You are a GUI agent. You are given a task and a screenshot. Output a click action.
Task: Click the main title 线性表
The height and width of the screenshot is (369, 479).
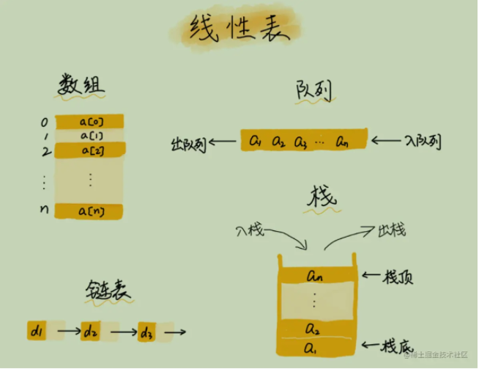point(239,30)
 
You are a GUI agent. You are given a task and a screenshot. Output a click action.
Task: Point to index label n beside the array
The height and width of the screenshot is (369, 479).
point(44,211)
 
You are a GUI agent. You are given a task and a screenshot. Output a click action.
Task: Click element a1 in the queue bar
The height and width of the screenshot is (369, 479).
point(256,139)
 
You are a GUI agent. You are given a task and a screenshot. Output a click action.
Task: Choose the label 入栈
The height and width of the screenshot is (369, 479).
point(250,229)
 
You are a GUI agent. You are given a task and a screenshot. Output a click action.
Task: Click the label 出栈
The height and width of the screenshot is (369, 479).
point(392,230)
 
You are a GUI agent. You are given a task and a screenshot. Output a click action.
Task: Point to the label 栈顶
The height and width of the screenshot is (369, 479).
point(402,277)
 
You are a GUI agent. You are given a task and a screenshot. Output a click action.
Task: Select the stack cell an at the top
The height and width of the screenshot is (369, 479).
point(316,276)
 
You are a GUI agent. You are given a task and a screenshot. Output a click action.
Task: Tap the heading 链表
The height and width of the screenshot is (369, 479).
point(108,291)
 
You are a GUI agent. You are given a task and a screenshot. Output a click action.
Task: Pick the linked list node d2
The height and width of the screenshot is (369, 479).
point(91,332)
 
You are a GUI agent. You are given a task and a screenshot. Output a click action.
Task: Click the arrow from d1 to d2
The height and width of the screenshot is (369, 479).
point(69,332)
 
